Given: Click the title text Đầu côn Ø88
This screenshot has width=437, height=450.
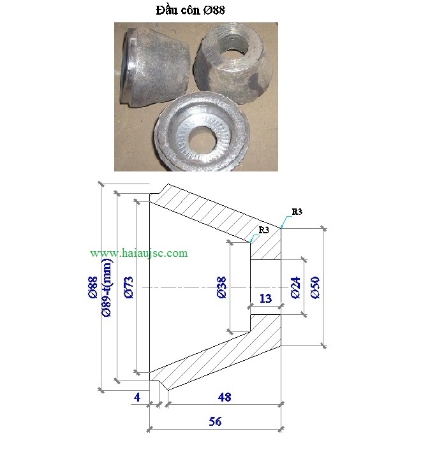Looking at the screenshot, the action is coord(190,10).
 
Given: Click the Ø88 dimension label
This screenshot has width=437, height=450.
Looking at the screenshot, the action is coord(93,287).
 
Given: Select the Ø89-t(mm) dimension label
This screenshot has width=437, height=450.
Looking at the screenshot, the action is coord(107,287).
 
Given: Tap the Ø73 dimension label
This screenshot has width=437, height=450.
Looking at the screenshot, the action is coord(129,287).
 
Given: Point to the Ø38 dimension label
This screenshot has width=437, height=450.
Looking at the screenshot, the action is coord(222,287).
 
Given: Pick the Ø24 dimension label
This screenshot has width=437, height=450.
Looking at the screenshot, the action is coord(295,287).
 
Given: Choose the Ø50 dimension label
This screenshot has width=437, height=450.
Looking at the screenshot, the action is coord(315,287).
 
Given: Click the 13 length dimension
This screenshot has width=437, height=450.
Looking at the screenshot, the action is coord(265,298).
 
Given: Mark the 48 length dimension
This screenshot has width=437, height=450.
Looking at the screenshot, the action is coord(225,397).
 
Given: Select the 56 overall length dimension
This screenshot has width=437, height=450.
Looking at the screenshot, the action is coord(216,421).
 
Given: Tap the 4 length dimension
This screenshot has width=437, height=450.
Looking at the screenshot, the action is coord(137,397).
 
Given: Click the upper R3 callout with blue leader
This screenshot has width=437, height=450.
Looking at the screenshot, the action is coord(297,212).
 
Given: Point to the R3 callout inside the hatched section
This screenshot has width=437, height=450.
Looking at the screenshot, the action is coord(263,229).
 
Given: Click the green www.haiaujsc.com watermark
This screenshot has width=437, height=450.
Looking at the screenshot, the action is coord(139,253).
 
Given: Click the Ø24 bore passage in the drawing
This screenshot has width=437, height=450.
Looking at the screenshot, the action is coord(266,287).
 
